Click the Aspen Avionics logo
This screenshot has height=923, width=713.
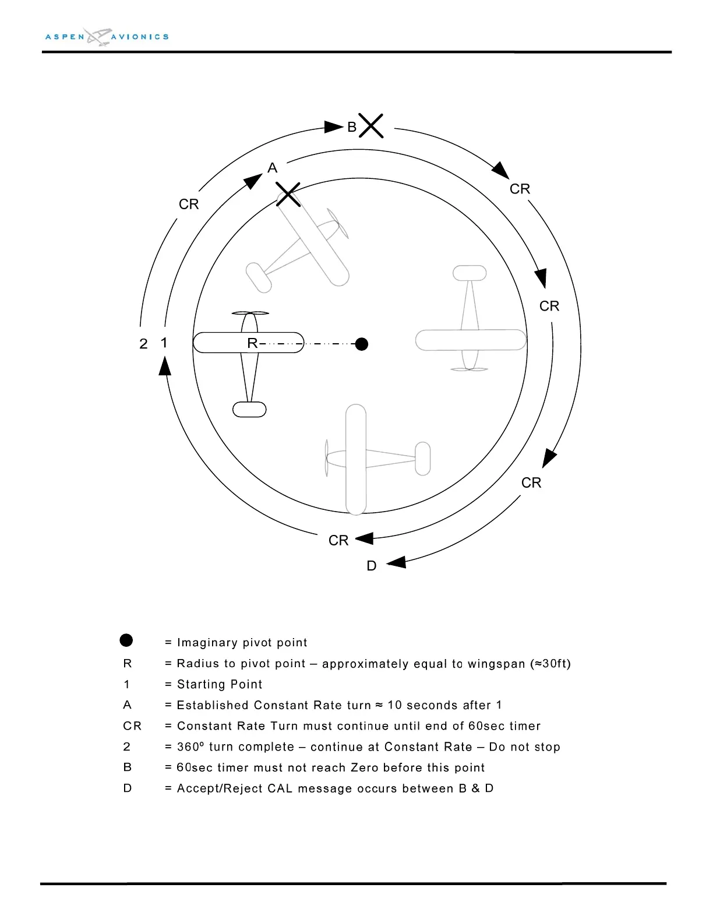[x=107, y=37]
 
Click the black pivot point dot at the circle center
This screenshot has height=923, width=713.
[x=362, y=344]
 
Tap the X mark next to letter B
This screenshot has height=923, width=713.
[x=371, y=126]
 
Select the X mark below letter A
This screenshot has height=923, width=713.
[x=288, y=194]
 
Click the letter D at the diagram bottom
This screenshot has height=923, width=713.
[x=372, y=566]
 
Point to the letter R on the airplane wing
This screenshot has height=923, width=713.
[x=252, y=343]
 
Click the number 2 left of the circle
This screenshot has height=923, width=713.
[x=143, y=344]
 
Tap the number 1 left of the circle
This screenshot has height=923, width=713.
[x=164, y=343]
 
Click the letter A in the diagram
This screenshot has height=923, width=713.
[x=272, y=168]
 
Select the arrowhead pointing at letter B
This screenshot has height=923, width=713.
[x=334, y=126]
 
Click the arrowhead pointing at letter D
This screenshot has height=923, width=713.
[x=397, y=562]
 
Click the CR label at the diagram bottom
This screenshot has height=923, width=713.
[x=338, y=541]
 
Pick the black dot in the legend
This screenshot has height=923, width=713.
[x=126, y=641]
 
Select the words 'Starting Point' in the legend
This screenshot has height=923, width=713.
[x=220, y=685]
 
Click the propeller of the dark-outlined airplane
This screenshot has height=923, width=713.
[x=250, y=313]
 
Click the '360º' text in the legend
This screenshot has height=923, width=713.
[x=190, y=747]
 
